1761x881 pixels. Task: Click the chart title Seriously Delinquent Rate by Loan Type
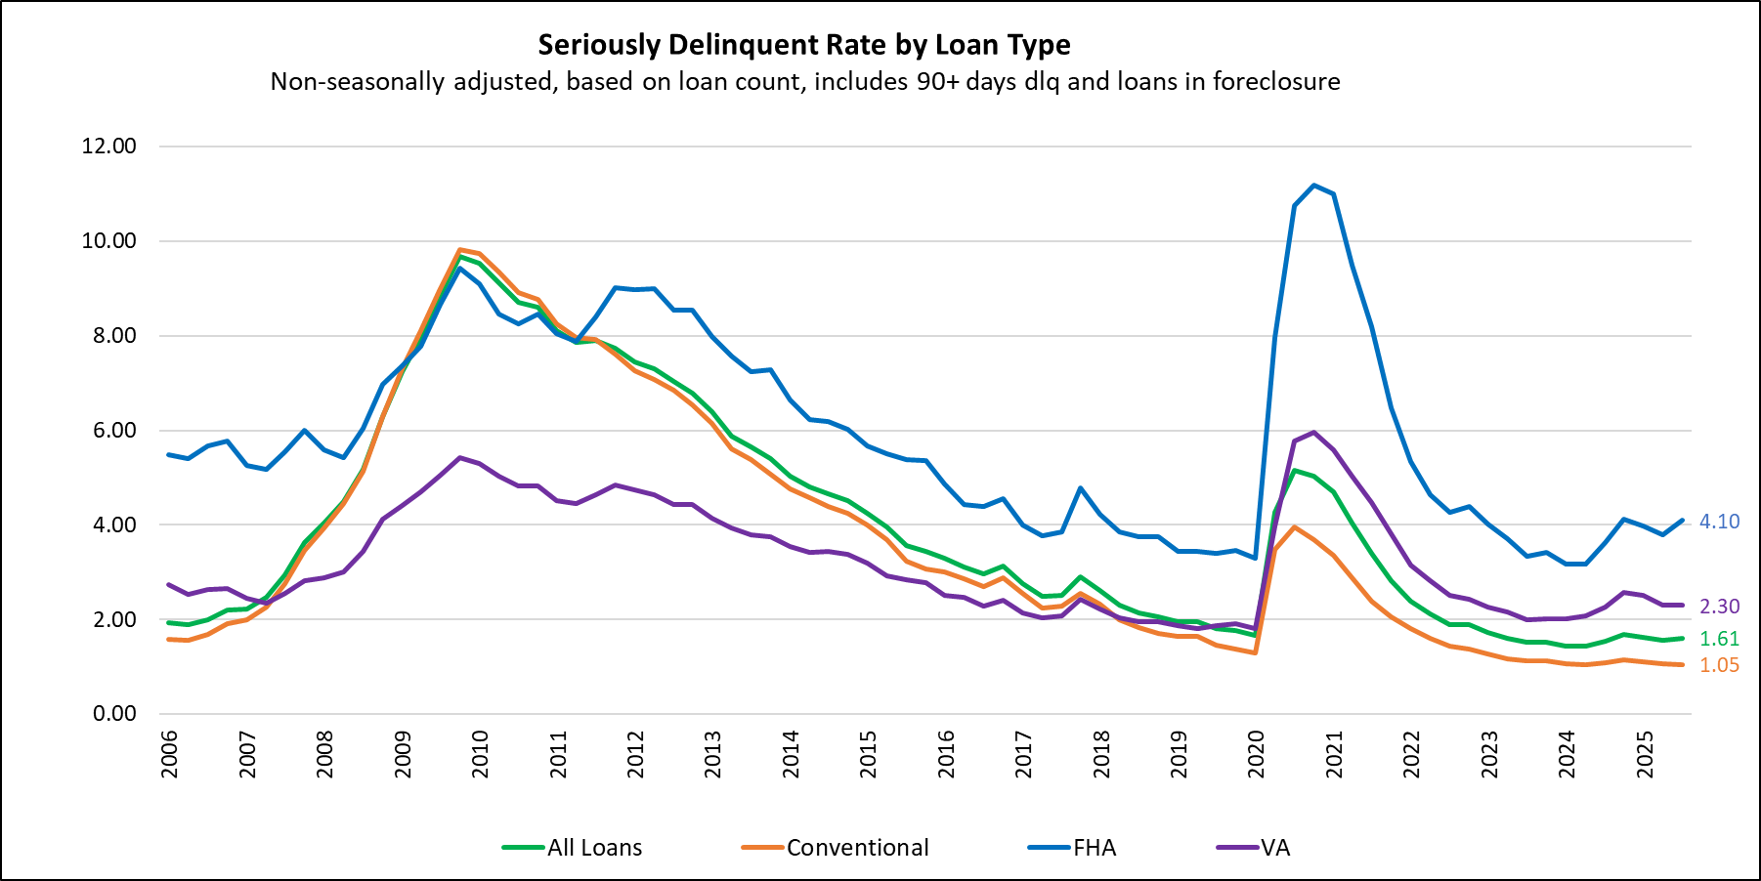804,45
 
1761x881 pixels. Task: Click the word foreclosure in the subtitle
1276,81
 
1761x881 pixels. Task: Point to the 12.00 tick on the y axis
109,147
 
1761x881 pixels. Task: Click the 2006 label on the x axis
169,754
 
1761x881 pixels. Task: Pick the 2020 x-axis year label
1256,754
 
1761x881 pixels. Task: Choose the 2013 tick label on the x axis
712,754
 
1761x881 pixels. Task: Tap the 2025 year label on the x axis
1645,754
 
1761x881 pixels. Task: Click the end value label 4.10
1719,522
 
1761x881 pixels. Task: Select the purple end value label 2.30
1719,607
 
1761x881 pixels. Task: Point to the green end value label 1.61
1719,639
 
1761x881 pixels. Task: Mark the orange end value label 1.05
1719,665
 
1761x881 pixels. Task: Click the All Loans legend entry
594,848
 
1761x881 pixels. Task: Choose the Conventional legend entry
857,848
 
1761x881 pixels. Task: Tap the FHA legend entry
1094,848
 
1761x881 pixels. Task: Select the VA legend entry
1274,848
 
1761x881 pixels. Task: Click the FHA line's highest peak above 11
1313,185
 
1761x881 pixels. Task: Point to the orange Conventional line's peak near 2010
459,250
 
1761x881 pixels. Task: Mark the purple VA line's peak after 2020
1313,432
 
